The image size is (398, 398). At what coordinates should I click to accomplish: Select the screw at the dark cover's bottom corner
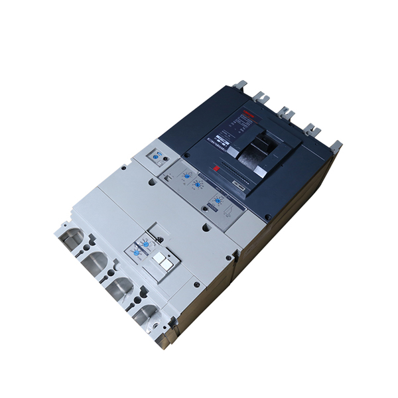click(267, 217)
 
